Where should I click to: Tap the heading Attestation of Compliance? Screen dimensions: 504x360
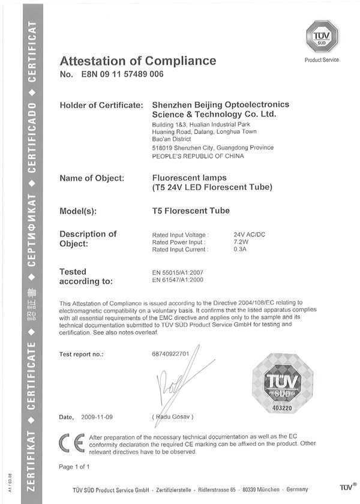(137, 61)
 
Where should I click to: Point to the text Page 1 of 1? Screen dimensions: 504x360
(75, 466)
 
